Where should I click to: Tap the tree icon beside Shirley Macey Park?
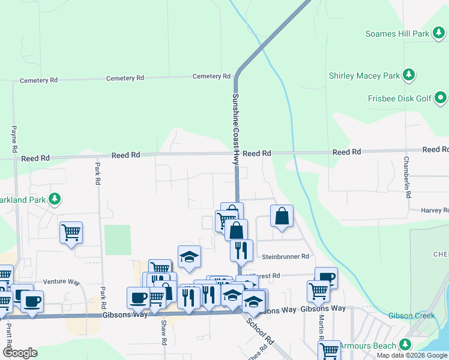point(409,75)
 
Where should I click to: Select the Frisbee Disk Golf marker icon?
point(441,97)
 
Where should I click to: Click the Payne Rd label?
point(14,137)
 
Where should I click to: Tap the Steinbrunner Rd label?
point(285,257)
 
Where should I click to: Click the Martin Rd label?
point(322,327)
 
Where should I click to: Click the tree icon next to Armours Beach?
point(406,344)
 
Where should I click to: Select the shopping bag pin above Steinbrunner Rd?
point(282,216)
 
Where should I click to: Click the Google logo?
point(20,352)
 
